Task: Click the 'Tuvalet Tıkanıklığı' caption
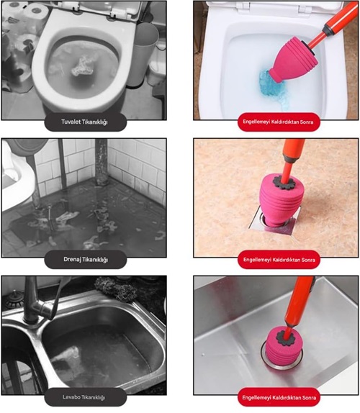84,122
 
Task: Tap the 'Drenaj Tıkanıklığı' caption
86,260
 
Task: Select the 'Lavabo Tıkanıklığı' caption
84,397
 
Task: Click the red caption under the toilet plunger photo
279,122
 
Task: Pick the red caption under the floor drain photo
279,260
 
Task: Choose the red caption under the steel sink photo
279,397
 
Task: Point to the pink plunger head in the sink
284,347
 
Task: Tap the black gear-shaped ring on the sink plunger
287,337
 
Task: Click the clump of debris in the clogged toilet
82,66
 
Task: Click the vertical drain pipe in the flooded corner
102,161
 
